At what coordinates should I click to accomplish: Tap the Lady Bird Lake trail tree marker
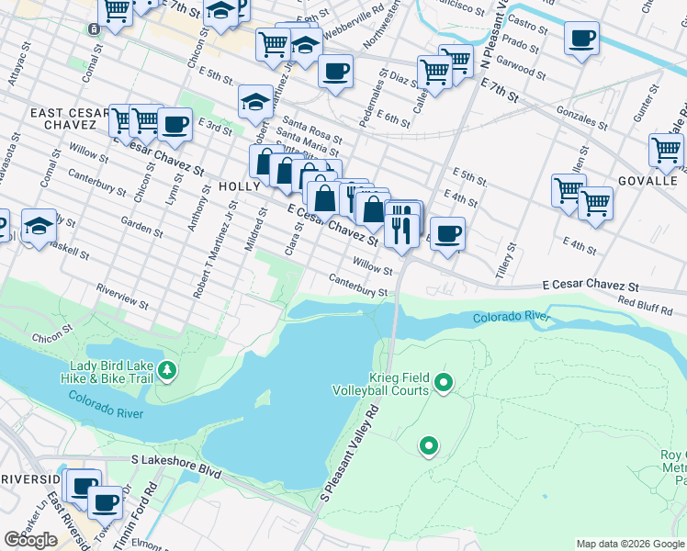tap(166, 371)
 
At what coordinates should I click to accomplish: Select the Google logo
tap(30, 540)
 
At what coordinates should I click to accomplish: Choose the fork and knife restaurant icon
tap(400, 226)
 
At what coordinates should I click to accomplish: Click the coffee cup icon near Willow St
tap(447, 234)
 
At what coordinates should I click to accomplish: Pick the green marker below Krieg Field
tap(428, 446)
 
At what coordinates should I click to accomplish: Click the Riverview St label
tap(122, 296)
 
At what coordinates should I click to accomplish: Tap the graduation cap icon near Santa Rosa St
tap(254, 103)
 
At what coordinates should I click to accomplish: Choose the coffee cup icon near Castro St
tap(582, 39)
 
